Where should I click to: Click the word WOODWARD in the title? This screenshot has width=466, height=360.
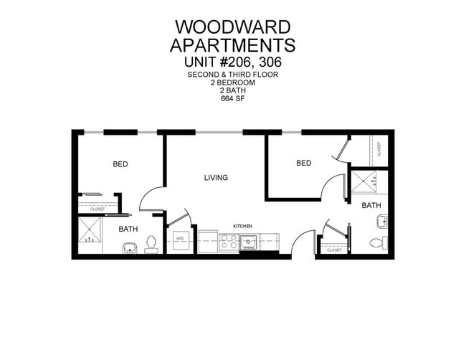point(233,27)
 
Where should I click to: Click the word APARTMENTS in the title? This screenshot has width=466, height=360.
point(233,45)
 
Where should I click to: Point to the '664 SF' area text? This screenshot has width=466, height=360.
point(233,98)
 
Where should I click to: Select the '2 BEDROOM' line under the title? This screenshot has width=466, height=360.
point(233,82)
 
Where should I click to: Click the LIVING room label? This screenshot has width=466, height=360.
point(216,177)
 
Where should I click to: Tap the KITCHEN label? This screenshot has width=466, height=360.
point(243,226)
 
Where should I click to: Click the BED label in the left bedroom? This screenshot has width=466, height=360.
point(120,164)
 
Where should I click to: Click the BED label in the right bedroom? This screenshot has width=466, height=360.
point(304,164)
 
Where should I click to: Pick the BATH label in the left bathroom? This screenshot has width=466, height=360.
point(128,229)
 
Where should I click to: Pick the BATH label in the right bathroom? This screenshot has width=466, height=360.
point(371,205)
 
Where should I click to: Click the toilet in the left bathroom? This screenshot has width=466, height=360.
point(151,245)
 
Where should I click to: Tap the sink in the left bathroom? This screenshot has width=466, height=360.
point(130,248)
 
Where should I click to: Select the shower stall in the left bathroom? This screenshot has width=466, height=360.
point(92,232)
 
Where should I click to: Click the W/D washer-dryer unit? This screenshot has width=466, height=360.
point(179,238)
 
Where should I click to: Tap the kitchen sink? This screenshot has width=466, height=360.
point(249,241)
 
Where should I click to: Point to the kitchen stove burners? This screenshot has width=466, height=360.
point(228,243)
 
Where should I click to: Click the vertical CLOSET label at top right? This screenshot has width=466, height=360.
point(379,148)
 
